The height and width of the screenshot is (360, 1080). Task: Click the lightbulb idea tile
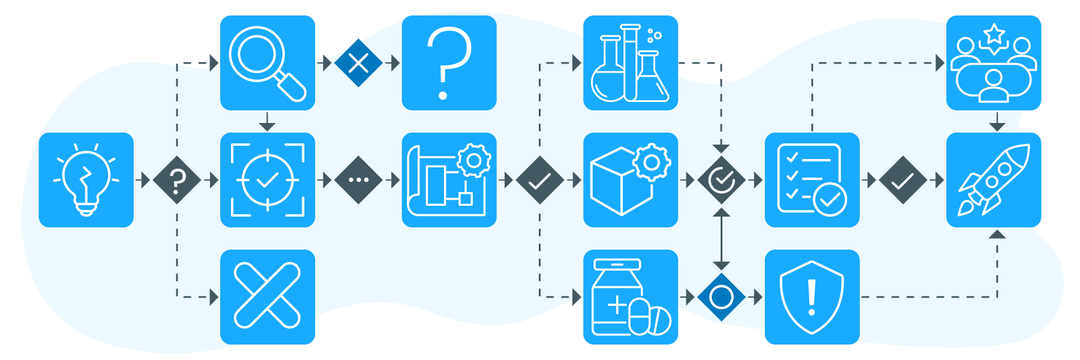86,180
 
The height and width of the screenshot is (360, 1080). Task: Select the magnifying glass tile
268,63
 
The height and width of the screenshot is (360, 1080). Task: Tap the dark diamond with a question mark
176,180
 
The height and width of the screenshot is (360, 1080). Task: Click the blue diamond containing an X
358,63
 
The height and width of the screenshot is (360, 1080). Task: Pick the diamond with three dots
358,180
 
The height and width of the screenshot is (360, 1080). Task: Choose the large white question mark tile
449,63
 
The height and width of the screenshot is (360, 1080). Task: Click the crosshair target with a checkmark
268,180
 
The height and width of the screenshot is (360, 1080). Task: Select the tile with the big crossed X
268,297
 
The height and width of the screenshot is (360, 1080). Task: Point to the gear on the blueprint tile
474,160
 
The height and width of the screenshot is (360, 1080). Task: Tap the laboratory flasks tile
631,63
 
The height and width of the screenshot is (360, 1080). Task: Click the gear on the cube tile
652,162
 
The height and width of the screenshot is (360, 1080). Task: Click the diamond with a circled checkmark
721,180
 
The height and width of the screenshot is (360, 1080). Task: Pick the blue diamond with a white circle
721,297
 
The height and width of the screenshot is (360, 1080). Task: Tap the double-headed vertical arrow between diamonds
721,239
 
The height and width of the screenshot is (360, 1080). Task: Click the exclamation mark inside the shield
812,297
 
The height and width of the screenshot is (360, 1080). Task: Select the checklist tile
812,180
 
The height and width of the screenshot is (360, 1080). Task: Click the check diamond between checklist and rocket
902,180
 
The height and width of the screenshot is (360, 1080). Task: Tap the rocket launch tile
994,180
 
